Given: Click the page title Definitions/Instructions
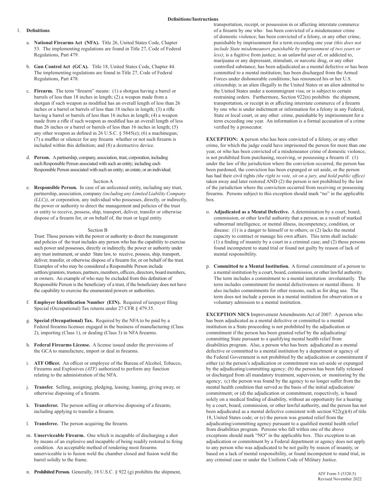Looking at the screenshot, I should [193, 19].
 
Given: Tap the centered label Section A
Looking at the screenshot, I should [103, 181].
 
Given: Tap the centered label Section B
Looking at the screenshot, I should [103, 230].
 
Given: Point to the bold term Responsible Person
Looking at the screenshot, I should [55, 187].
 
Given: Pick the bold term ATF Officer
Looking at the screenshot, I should [47, 363].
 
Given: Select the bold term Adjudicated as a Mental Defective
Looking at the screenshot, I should [251, 212].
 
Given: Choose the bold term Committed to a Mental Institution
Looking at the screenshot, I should [251, 266].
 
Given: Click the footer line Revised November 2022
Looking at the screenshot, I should [339, 479].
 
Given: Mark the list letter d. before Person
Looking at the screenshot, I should [28, 157].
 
